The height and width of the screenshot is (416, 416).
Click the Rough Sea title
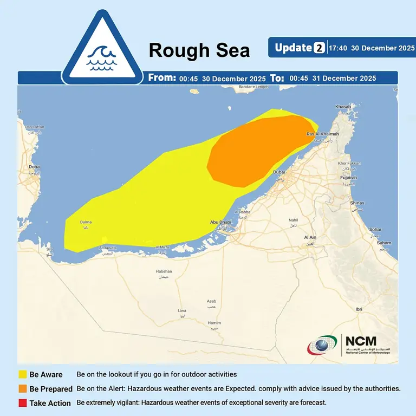click(x=199, y=50)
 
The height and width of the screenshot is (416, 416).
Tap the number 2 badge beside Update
click(x=319, y=48)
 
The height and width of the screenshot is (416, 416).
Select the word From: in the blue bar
click(x=162, y=78)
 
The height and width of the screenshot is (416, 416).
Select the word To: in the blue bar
click(x=277, y=78)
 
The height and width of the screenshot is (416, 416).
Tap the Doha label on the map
click(x=34, y=167)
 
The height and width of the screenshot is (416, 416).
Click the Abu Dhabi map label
click(x=221, y=222)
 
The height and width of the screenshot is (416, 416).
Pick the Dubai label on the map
click(x=279, y=172)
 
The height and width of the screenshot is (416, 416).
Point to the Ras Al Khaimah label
click(x=322, y=134)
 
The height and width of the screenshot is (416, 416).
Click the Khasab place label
click(x=343, y=106)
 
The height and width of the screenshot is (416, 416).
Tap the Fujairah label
click(x=348, y=178)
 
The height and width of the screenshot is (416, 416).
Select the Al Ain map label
click(x=310, y=237)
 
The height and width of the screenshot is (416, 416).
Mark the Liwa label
click(x=182, y=310)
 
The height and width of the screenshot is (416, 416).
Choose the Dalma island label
click(x=86, y=222)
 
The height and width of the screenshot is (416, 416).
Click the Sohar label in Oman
click(x=375, y=229)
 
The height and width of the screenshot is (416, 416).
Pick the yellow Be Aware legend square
click(x=23, y=374)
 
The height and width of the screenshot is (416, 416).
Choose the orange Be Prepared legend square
click(x=23, y=388)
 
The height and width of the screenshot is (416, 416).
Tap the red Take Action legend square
click(x=23, y=403)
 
